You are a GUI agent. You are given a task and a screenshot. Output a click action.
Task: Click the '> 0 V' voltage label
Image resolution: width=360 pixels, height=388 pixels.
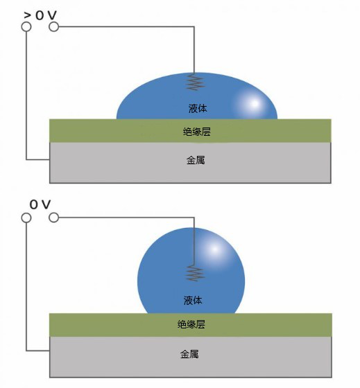pos(40,15)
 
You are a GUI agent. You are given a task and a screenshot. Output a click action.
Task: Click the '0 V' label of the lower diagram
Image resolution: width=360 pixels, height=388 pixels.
pos(40,204)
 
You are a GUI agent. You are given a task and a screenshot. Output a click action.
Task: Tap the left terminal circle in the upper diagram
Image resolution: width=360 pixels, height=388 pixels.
pos(26,27)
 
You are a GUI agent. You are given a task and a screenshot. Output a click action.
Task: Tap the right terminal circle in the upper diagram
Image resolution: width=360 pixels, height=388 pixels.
pos(54,27)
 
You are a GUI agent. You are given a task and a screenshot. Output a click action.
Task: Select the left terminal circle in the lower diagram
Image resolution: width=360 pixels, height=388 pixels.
pos(26,218)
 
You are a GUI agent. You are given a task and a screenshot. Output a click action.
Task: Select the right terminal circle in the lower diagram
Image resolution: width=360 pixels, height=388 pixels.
pos(54,218)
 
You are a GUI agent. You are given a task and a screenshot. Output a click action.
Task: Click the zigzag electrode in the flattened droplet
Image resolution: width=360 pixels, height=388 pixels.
pos(195,82)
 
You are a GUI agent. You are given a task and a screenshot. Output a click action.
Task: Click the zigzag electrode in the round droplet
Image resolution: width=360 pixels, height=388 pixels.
pos(195,273)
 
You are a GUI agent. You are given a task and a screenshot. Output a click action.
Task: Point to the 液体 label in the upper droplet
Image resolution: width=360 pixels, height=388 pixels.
pos(198,108)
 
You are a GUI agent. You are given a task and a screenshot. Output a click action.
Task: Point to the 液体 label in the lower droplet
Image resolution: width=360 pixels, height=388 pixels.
pos(193,300)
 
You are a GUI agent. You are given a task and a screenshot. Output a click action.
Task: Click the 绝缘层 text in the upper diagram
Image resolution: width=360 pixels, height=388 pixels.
pos(197,132)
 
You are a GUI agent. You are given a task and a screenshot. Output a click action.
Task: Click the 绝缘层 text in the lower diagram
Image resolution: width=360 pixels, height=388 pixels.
pos(191,324)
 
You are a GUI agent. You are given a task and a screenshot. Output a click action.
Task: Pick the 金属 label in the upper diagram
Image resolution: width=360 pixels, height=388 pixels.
pos(196,160)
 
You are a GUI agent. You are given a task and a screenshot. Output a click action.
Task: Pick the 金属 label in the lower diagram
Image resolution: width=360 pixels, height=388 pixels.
pos(189,354)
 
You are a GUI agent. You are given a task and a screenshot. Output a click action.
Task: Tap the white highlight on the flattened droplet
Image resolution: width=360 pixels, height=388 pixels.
pos(253,104)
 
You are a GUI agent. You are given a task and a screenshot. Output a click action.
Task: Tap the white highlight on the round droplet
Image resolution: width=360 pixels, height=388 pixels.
pos(214,249)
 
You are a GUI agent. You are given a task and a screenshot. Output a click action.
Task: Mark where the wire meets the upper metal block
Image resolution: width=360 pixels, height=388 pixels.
pos(50,159)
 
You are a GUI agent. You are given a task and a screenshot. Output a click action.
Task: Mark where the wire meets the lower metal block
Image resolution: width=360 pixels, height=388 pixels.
pos(50,351)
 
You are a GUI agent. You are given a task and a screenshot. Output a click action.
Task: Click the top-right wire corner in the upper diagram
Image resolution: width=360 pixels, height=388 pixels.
pos(194,27)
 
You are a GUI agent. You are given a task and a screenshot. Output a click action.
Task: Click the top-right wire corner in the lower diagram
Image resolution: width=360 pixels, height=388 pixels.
pos(194,218)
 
